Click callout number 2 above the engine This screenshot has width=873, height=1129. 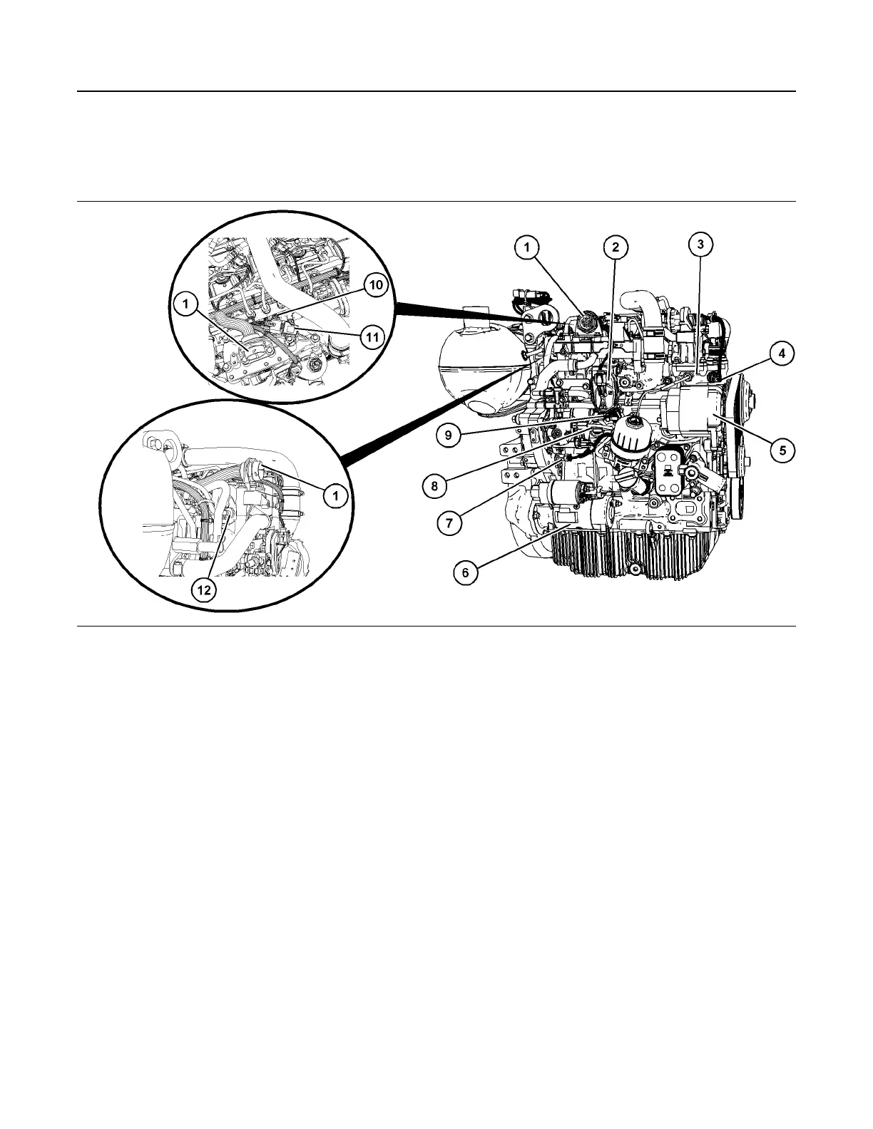(x=615, y=247)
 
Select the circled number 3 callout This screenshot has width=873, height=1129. (x=700, y=244)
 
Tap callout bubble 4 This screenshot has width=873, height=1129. (x=782, y=353)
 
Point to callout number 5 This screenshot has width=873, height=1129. (x=782, y=450)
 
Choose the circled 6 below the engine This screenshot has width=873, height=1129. (x=465, y=572)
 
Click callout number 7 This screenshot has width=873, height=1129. (x=449, y=522)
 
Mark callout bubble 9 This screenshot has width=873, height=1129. (x=448, y=436)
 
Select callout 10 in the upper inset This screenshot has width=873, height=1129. (x=376, y=285)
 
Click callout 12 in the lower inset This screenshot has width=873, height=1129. (x=204, y=591)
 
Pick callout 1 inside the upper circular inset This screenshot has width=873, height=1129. (x=185, y=305)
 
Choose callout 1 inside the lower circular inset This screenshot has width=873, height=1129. (x=334, y=495)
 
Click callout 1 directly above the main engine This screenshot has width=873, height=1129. (x=527, y=247)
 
